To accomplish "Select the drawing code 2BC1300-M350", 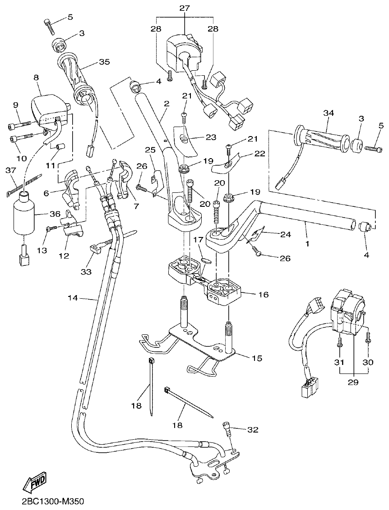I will pos(52,501).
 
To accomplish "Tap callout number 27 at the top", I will pos(185,8).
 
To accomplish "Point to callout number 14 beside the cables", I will pos(73,298).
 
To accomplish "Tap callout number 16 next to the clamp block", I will pos(263,295).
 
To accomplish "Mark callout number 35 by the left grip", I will pos(104,62).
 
